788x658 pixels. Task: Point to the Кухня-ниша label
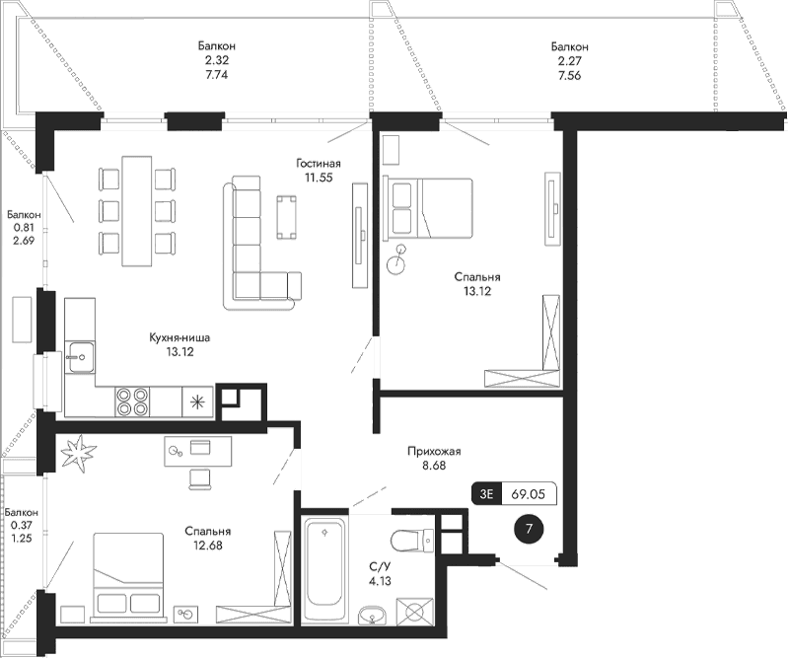pos(179,338)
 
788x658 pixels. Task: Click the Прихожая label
pos(434,452)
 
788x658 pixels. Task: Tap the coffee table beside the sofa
pos(288,216)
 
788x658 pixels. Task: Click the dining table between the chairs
pos(136,209)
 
